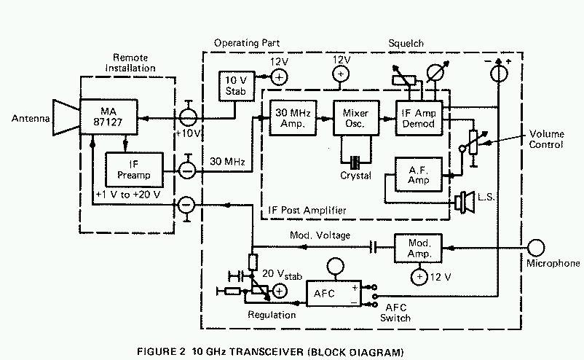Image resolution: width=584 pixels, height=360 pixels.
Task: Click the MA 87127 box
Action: point(109,117)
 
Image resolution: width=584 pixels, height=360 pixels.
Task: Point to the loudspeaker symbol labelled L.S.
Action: point(463,201)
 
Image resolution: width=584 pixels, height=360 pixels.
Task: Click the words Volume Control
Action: point(546,140)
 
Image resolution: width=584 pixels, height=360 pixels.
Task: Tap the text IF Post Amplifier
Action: point(304,211)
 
